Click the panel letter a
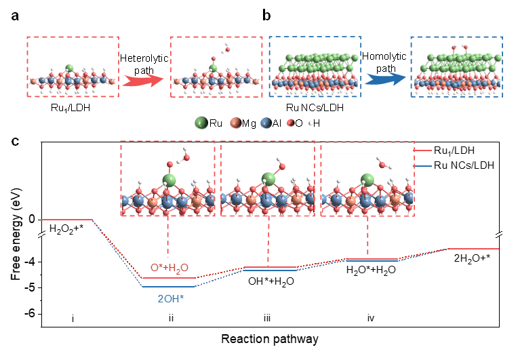click(x=14, y=15)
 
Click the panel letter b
click(x=266, y=15)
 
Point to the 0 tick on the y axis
click(x=32, y=219)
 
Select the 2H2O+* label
click(x=473, y=258)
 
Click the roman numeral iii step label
click(x=268, y=319)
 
